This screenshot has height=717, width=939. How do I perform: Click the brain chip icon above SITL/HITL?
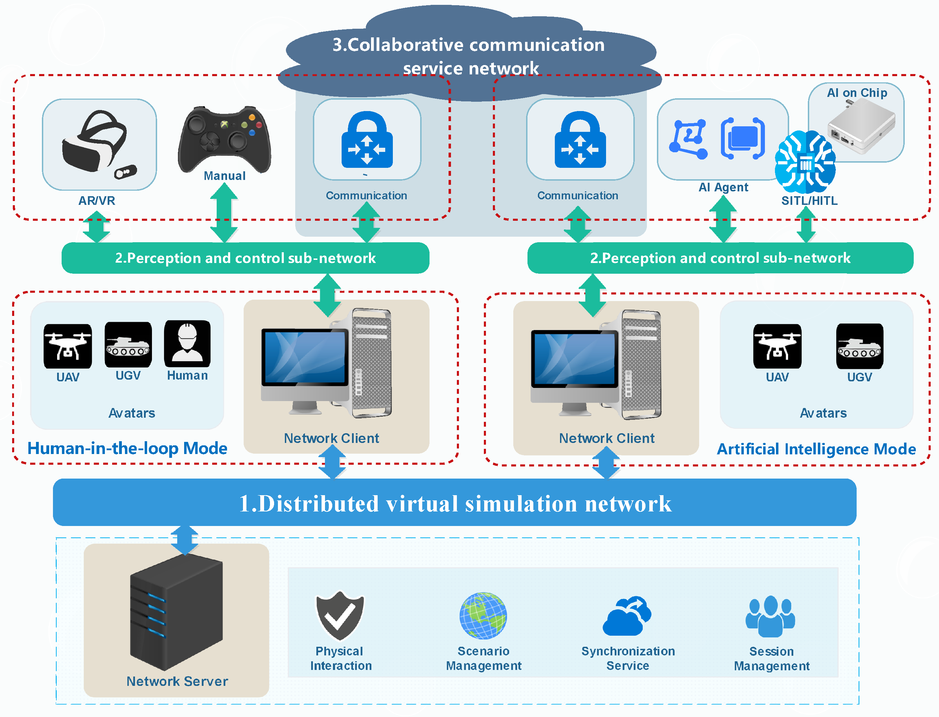(x=805, y=162)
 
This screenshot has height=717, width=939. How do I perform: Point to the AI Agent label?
(x=723, y=187)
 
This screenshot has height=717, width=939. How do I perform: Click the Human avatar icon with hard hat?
(x=187, y=344)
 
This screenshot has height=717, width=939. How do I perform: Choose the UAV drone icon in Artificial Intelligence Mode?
(x=777, y=346)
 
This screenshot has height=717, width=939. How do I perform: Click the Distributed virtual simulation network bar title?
(x=455, y=503)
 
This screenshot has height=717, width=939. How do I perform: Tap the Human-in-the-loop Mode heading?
(x=127, y=448)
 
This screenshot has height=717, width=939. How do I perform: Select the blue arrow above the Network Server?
(x=185, y=540)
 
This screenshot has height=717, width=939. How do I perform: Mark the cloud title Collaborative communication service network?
(x=469, y=56)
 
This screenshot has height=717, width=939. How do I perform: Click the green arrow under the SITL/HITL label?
(x=806, y=225)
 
